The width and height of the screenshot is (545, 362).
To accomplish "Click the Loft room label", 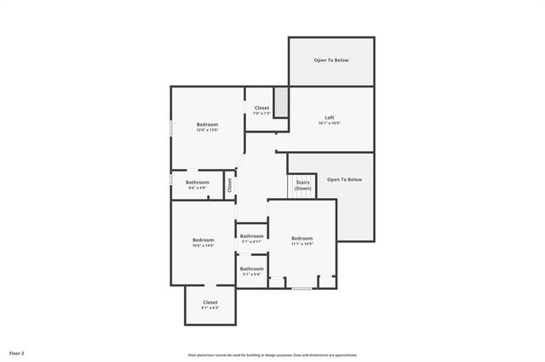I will [330, 117].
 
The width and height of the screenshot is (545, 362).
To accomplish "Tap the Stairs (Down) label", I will [302, 185].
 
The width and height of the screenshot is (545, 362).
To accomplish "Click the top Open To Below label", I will [330, 60].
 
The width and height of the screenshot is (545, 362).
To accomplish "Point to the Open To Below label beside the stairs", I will [344, 179].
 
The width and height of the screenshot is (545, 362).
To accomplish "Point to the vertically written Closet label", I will [229, 184].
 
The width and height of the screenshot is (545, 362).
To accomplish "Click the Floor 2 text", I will [17, 352].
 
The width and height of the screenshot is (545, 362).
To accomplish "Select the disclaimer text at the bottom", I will [272, 355].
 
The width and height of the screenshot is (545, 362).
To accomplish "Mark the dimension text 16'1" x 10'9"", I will [330, 123].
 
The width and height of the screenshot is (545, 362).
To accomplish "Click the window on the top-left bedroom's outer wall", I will [171, 127].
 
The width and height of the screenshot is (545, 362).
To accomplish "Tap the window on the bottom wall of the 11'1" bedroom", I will [301, 289].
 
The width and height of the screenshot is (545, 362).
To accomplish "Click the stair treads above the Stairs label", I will [302, 195].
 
